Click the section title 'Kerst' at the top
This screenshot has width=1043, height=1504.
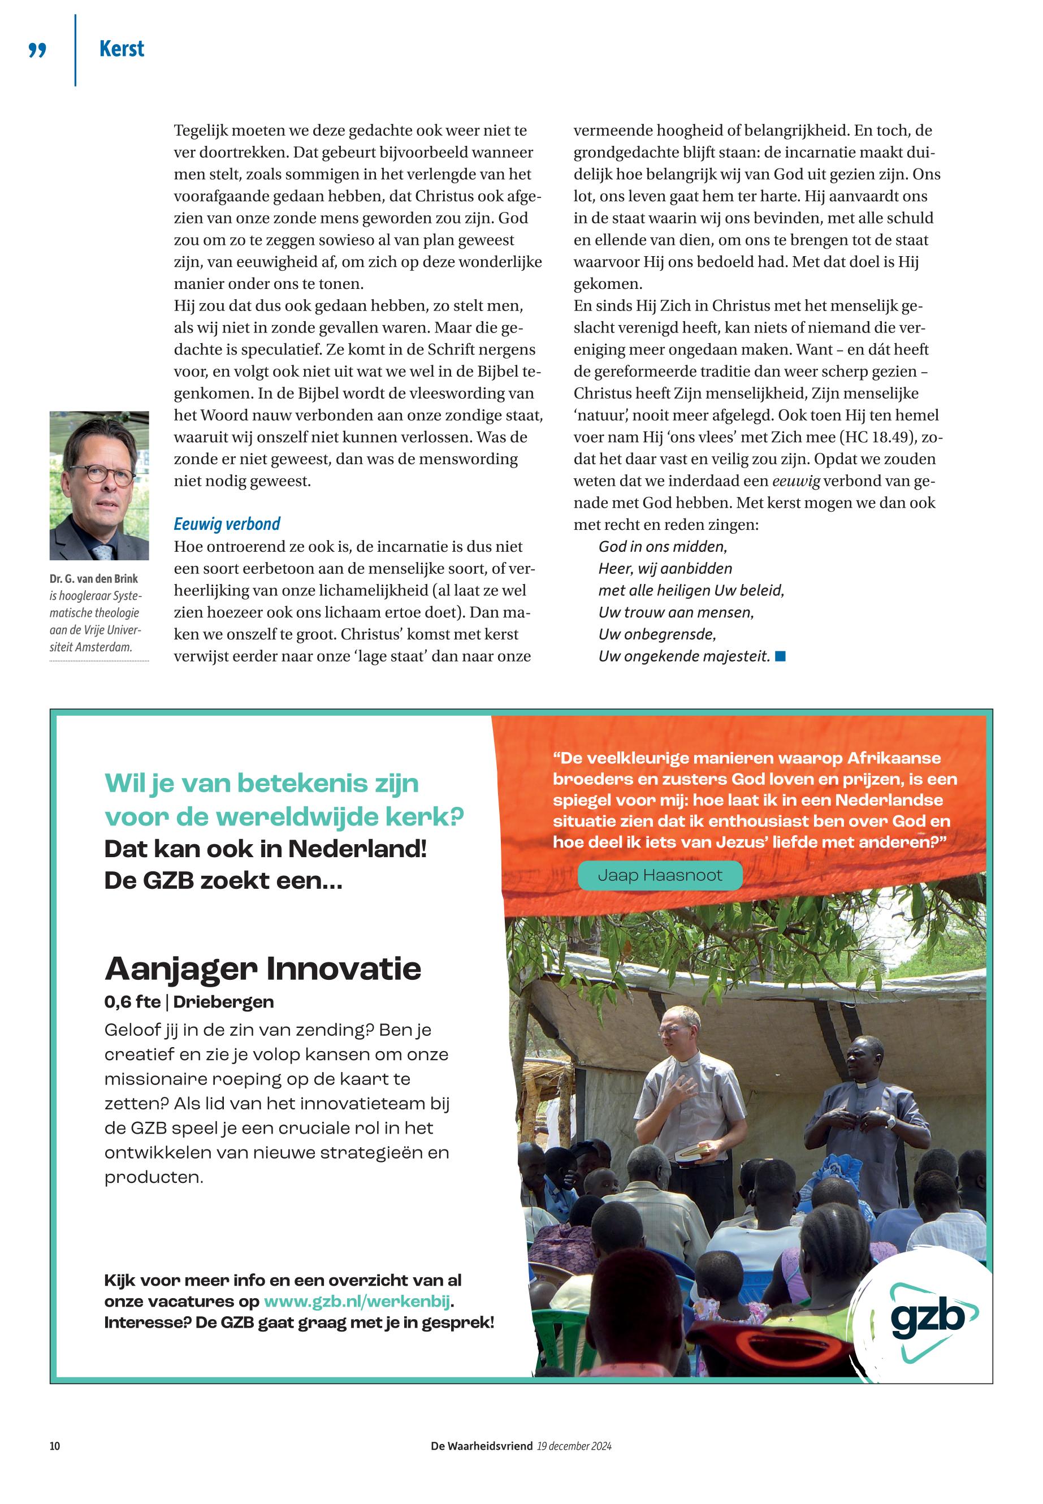click(122, 49)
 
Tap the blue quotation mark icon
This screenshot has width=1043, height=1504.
click(38, 50)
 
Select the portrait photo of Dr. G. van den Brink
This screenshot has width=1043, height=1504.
click(99, 485)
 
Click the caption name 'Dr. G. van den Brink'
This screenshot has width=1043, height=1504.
click(93, 578)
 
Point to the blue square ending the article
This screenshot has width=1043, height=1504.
click(780, 656)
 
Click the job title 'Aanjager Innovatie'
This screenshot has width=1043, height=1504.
click(263, 969)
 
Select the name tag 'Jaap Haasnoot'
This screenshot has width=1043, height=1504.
click(660, 875)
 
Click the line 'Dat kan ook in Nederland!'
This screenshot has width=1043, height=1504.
click(265, 849)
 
